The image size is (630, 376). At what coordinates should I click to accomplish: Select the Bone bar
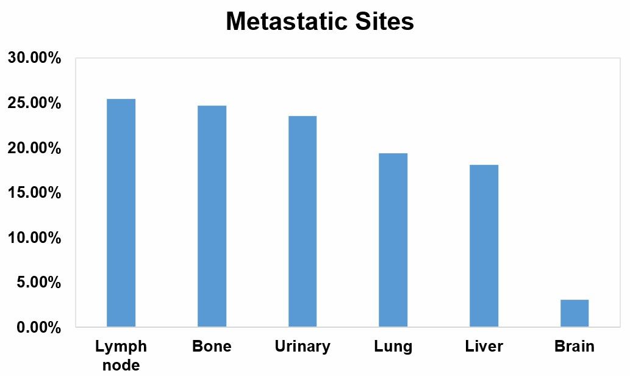[212, 216]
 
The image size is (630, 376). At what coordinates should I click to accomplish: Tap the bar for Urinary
[302, 221]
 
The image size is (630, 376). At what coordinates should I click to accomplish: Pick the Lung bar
[393, 240]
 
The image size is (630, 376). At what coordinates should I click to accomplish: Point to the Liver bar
[484, 245]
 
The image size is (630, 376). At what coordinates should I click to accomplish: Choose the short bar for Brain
[574, 313]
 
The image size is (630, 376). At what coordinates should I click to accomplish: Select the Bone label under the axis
[212, 347]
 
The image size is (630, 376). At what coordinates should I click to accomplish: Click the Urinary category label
[302, 347]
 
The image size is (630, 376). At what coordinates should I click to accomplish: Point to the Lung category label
[393, 347]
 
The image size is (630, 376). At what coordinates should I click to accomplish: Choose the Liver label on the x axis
[484, 347]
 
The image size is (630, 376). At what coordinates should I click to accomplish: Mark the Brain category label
[574, 347]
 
